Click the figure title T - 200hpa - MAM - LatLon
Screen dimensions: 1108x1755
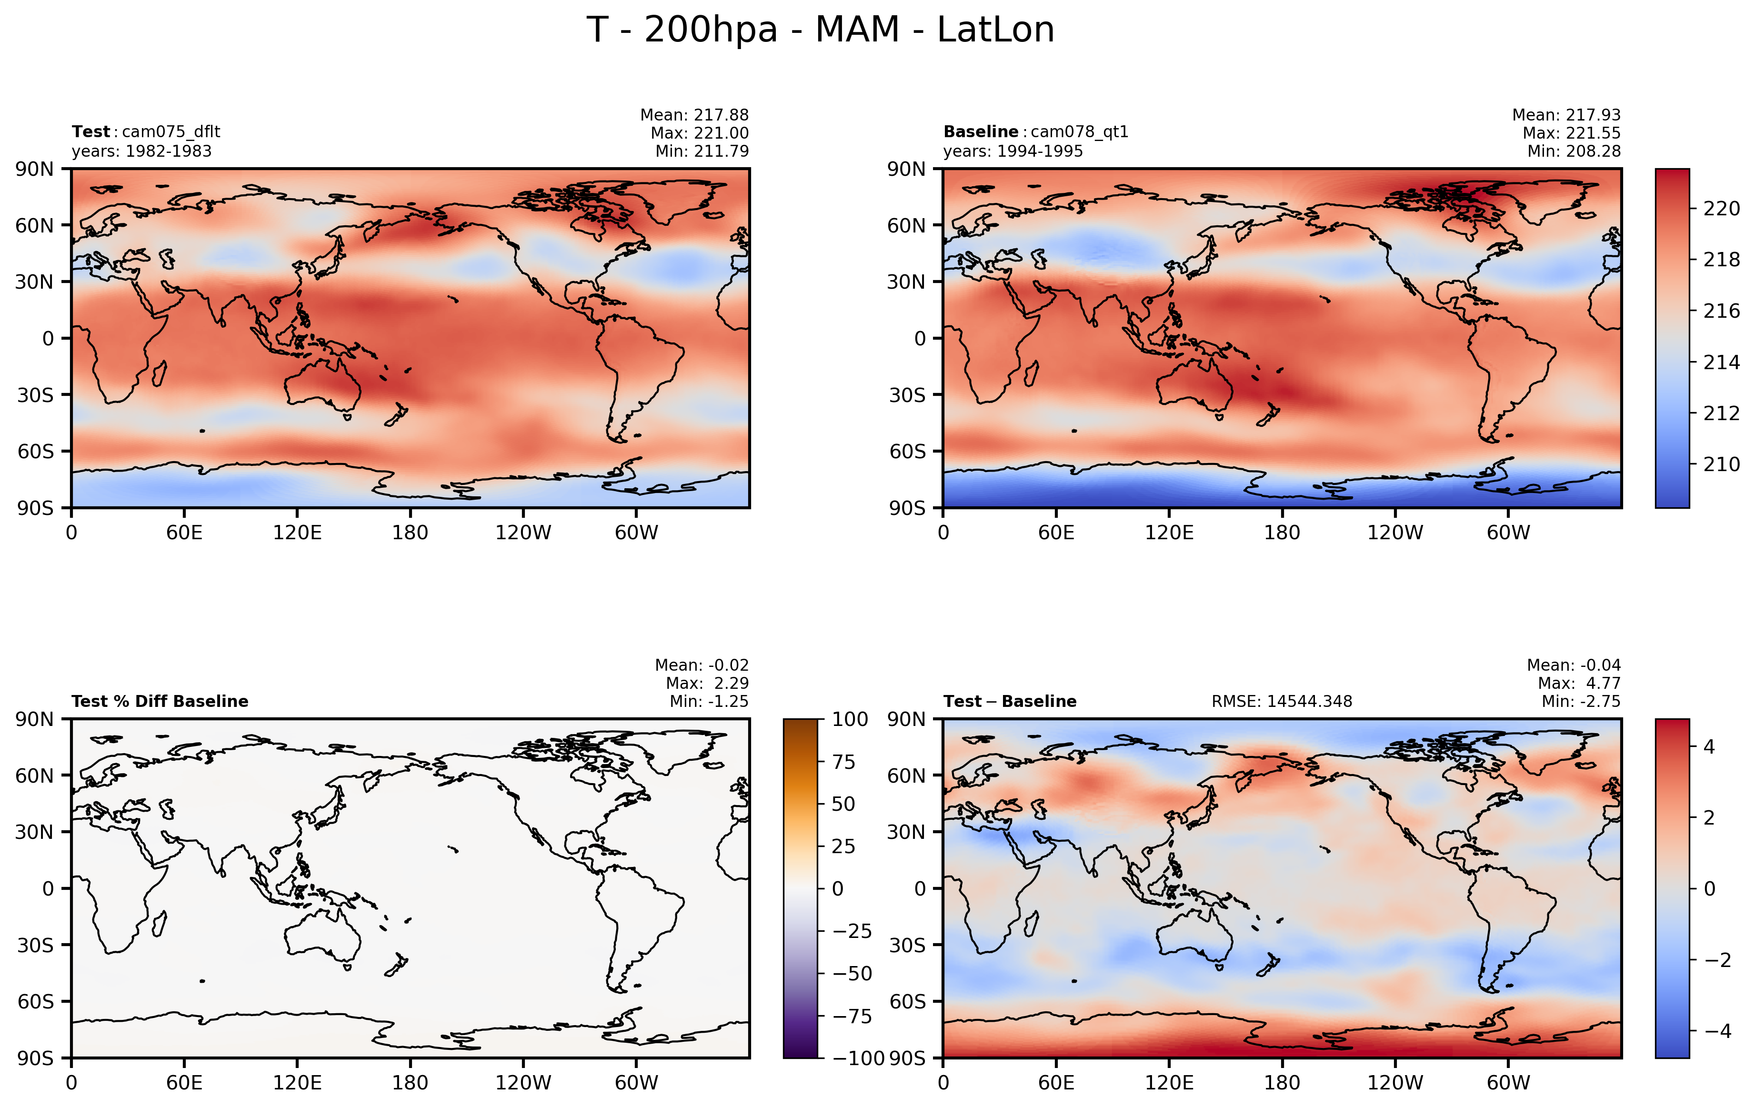[x=820, y=30]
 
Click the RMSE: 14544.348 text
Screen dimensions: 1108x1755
[x=1281, y=701]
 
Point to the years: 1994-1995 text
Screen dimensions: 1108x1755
[x=1013, y=151]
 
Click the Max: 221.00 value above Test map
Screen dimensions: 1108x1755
[x=699, y=133]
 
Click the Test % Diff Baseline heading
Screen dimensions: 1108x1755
[x=160, y=701]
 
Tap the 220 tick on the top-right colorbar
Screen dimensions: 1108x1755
[x=1721, y=209]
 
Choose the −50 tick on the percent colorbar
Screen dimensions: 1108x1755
[x=851, y=973]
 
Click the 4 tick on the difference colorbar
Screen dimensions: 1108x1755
[x=1709, y=746]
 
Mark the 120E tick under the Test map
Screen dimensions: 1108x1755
[x=297, y=533]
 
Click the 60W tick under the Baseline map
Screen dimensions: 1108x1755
[x=1508, y=533]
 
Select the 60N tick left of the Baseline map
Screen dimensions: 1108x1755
[x=906, y=226]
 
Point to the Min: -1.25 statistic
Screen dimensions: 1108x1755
[x=708, y=701]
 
